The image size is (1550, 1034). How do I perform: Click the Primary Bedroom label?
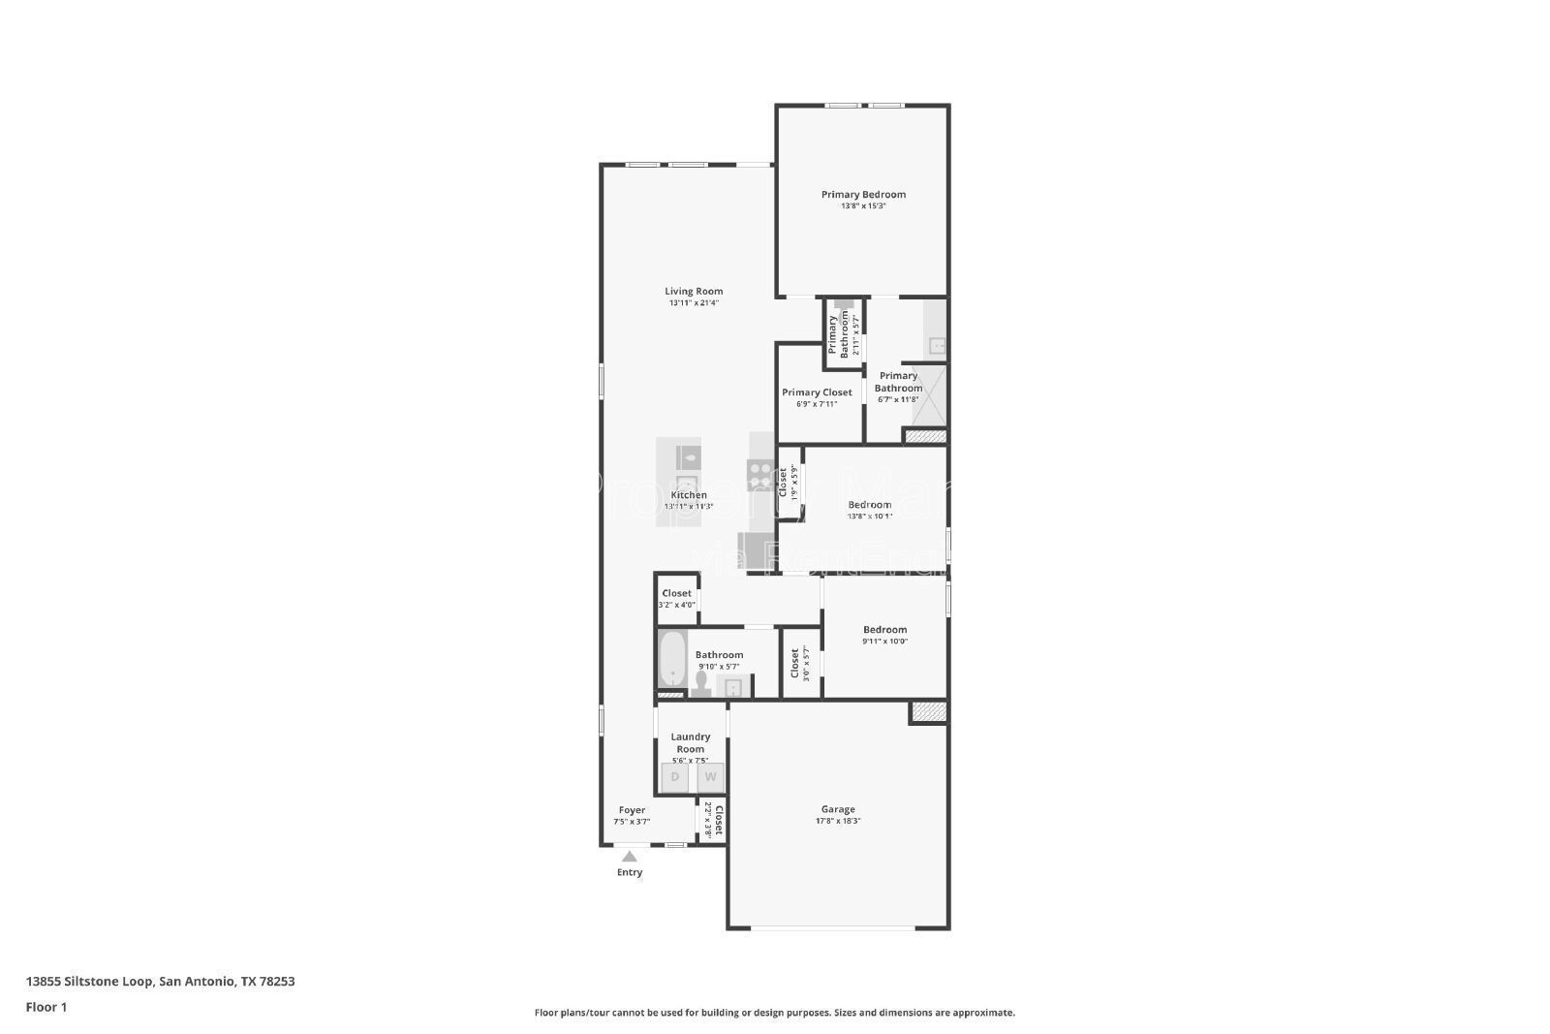pos(863,195)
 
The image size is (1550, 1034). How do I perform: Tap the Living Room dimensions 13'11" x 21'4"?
pos(694,303)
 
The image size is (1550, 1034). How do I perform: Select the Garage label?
pos(838,809)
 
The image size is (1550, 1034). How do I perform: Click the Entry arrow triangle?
pos(630,856)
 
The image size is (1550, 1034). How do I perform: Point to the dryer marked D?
pos(675,777)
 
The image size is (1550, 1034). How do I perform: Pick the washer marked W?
pos(710,777)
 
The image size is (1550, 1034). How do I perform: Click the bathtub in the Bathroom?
pos(672,661)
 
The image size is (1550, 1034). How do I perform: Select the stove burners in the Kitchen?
pos(760,474)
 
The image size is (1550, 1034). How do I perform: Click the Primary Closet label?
pos(817,392)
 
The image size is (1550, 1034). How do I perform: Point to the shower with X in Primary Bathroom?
pos(928,394)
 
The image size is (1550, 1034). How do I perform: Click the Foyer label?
pos(632,810)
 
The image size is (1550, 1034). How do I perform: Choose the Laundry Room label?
pos(691,742)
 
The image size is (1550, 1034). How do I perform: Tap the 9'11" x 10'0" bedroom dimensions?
pos(884,642)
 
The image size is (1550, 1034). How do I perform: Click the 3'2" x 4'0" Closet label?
pos(676,593)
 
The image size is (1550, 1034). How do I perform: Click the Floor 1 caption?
pos(46,1007)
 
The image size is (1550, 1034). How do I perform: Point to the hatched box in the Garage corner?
pos(928,712)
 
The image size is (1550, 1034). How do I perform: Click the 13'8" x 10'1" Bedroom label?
pos(869,505)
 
